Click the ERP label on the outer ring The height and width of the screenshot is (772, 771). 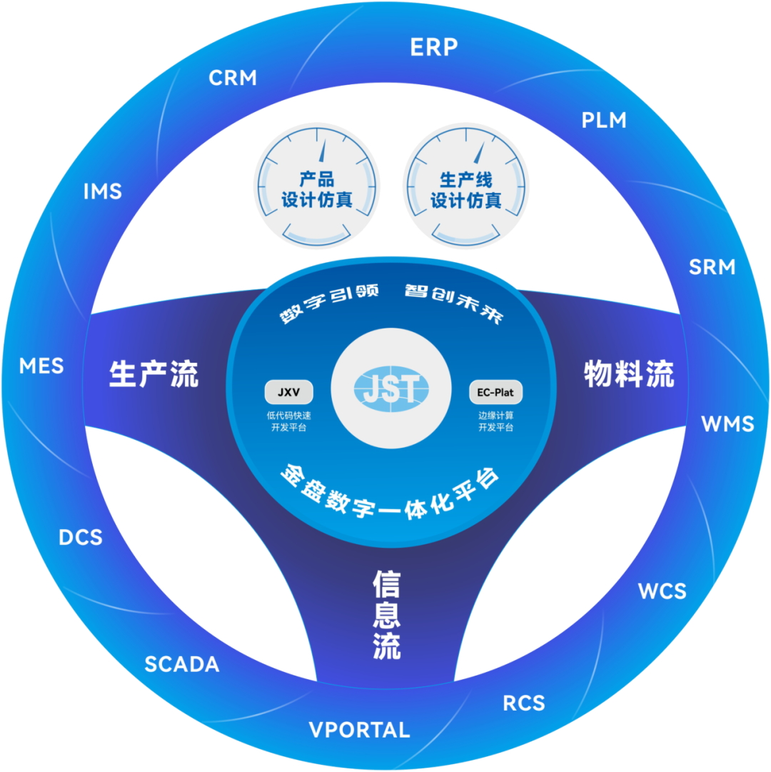(x=433, y=48)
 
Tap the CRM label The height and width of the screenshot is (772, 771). (x=233, y=78)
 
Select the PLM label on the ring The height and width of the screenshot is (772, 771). (x=604, y=120)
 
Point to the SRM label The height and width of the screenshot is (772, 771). (x=712, y=267)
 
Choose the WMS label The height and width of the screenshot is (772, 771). (x=727, y=424)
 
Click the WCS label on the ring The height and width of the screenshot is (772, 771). (x=662, y=591)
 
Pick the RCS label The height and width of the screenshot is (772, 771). (x=524, y=703)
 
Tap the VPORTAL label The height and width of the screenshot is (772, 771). (x=359, y=730)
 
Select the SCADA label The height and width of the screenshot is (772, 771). (x=182, y=664)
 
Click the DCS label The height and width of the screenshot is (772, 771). (x=81, y=537)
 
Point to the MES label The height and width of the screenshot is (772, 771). (x=41, y=366)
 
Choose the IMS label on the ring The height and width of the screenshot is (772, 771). (x=103, y=191)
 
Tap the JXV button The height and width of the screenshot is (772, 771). (x=288, y=392)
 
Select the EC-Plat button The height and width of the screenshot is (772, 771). (x=495, y=392)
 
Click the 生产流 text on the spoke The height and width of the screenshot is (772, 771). (x=153, y=374)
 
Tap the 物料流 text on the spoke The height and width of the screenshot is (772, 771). (x=629, y=374)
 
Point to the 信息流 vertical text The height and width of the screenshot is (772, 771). (x=386, y=614)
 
